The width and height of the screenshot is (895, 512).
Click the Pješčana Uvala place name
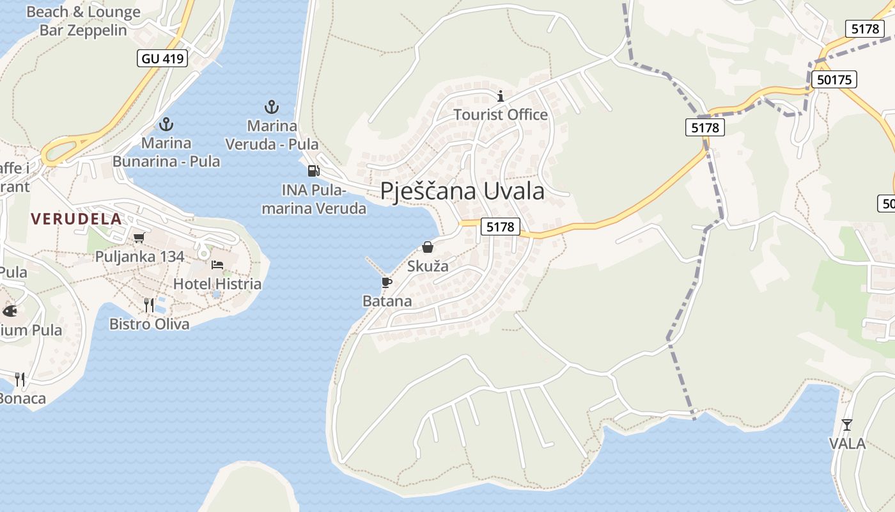tap(462, 191)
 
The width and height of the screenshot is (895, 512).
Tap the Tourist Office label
tap(501, 115)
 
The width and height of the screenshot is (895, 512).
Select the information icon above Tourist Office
tap(501, 97)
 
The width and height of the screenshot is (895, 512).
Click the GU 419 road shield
tap(162, 59)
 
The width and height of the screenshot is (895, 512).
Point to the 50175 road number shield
tap(834, 80)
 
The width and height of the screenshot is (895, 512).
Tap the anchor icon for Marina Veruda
tap(272, 107)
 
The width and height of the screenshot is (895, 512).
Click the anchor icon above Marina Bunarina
tap(166, 124)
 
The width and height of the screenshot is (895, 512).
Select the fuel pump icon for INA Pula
tap(313, 171)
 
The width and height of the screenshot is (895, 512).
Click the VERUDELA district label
tap(76, 219)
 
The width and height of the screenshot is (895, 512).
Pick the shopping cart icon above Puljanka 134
tap(139, 238)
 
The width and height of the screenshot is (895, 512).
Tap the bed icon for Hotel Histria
tap(217, 264)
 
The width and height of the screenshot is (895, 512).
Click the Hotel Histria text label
tap(217, 284)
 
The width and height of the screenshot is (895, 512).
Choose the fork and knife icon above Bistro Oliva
tap(149, 305)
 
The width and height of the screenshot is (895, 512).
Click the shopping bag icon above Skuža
tap(428, 247)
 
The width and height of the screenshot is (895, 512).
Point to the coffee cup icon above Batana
tap(387, 282)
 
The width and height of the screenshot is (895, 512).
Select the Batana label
tap(387, 301)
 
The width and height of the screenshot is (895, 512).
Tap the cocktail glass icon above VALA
tap(847, 424)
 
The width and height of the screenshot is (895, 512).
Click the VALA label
tap(847, 444)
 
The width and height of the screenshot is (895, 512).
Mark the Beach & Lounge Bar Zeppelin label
tap(83, 21)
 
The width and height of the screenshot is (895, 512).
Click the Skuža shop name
tap(428, 266)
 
